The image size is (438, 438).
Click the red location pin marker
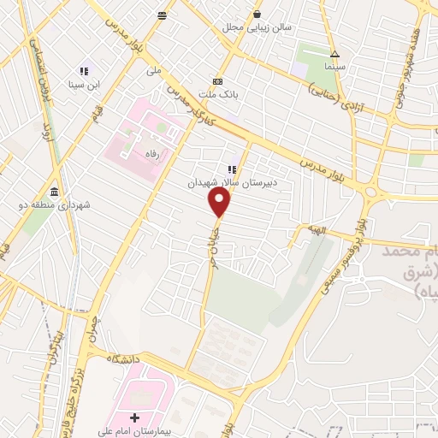[x=221, y=203]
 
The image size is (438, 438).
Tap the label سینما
[x=334, y=65]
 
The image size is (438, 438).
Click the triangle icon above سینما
[x=334, y=51]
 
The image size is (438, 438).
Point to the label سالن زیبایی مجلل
[x=257, y=27]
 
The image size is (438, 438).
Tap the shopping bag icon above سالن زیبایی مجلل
[x=257, y=14]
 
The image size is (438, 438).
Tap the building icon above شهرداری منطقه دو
[x=55, y=191]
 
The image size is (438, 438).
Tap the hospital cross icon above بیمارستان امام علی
[x=144, y=417]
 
